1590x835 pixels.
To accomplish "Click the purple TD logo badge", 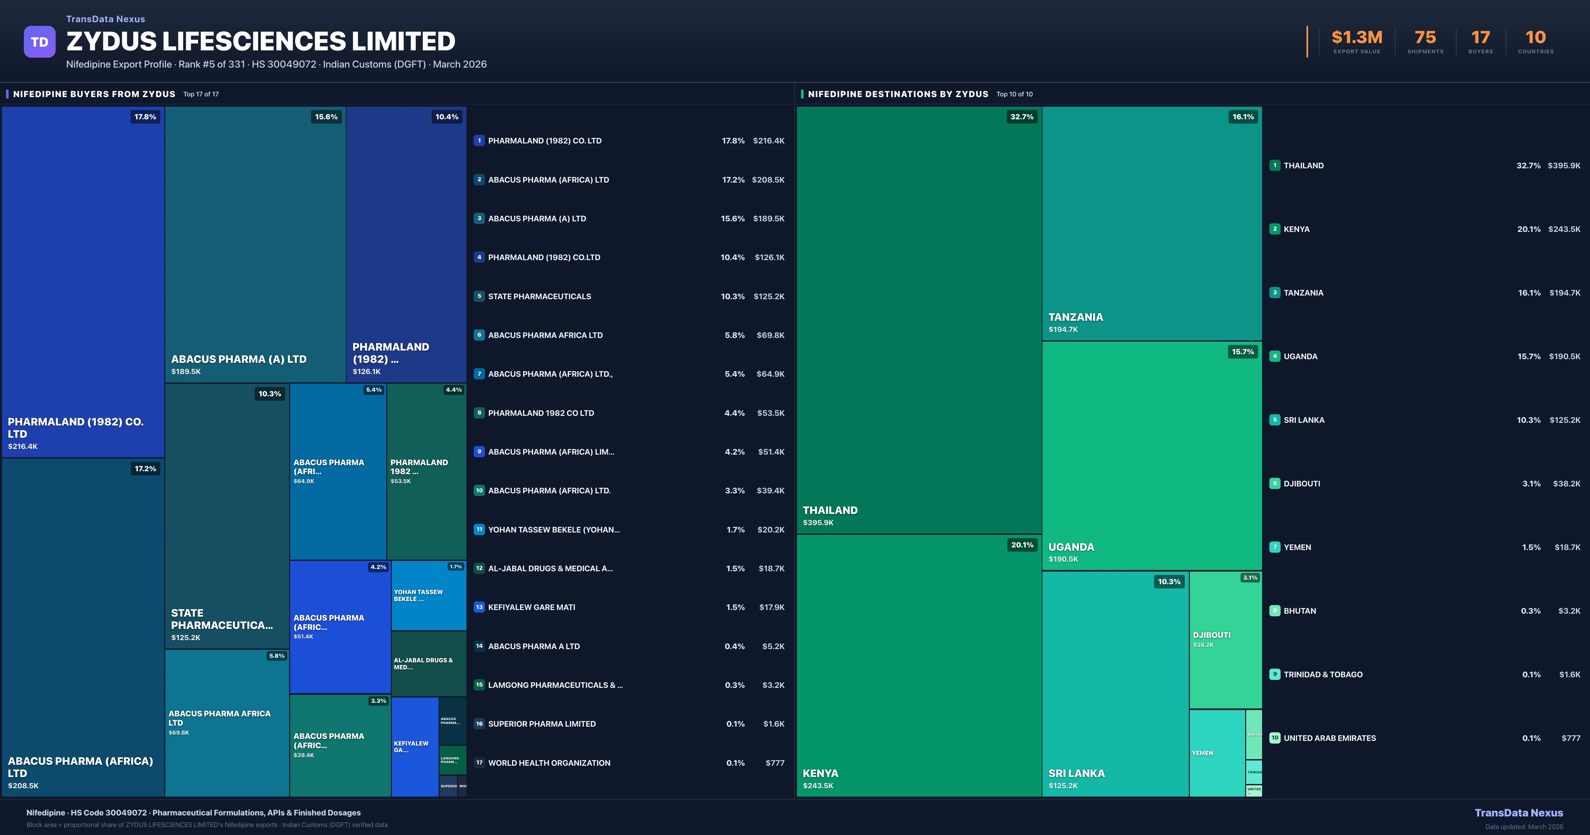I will pyautogui.click(x=39, y=42).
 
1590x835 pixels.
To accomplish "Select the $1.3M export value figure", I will pyautogui.click(x=1357, y=38).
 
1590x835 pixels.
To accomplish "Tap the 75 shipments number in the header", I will pyautogui.click(x=1425, y=38).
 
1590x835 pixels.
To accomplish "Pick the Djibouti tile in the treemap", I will pyautogui.click(x=1225, y=640).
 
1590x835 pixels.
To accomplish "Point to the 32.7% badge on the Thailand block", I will pyautogui.click(x=1022, y=117).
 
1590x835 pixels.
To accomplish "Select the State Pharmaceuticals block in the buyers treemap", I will pyautogui.click(x=227, y=516).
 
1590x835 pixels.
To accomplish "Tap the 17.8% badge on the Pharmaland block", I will pyautogui.click(x=145, y=117).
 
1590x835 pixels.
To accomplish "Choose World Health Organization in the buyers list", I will pyautogui.click(x=549, y=763).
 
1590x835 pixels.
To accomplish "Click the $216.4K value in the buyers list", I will pyautogui.click(x=768, y=141).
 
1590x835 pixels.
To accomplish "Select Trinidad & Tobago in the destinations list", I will pyautogui.click(x=1323, y=674).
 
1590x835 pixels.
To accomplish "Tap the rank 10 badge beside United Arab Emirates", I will pyautogui.click(x=1275, y=738).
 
